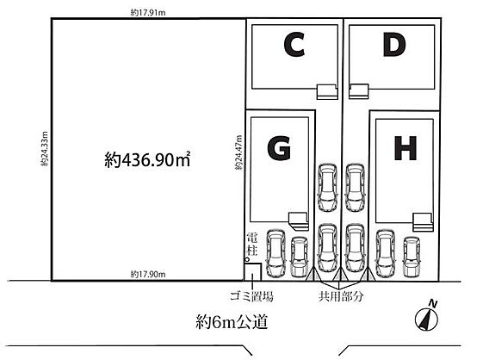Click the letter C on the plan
[294, 45]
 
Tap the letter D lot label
[394, 45]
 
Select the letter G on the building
[279, 148]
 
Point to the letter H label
[405, 148]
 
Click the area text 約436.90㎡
[147, 159]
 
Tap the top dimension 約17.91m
[148, 12]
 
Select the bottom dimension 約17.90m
[148, 275]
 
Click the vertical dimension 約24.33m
[45, 148]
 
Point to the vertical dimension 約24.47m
[238, 152]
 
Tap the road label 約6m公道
[232, 321]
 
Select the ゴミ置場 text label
[251, 296]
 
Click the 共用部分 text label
[341, 296]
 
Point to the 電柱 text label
[252, 245]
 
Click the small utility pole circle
[247, 259]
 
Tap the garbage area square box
[252, 272]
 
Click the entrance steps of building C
[327, 92]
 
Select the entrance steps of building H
[423, 222]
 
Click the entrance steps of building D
[359, 91]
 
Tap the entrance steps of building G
[299, 221]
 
